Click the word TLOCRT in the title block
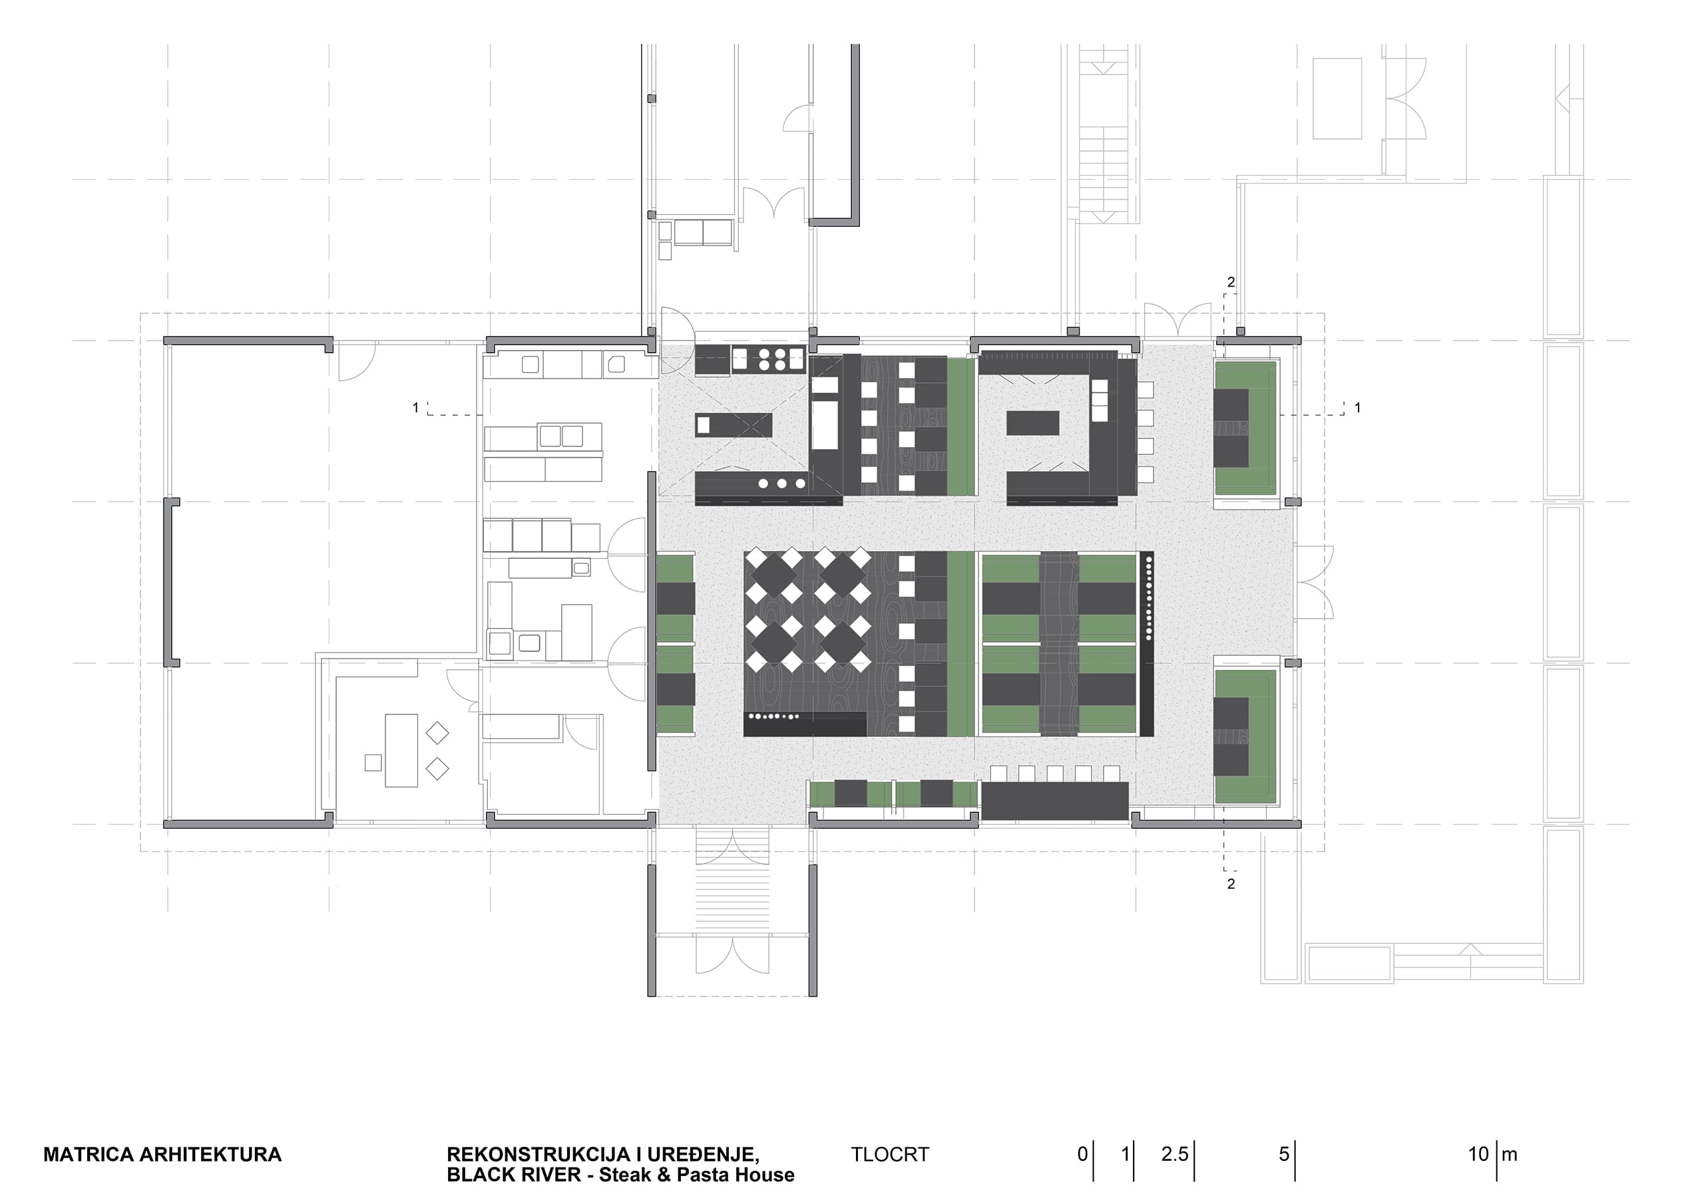pos(890,1154)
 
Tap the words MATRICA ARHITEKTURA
pos(162,1154)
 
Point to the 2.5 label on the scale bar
pos(1175,1154)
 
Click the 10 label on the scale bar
pos(1478,1154)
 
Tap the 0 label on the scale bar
pos(1083,1154)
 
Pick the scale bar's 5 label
pos(1284,1154)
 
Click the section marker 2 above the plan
pos(1231,282)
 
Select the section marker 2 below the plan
pos(1231,883)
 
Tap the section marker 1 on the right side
pos(1358,407)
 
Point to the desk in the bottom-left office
pos(401,750)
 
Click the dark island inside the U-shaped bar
pos(1033,423)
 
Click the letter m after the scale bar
pos(1510,1155)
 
